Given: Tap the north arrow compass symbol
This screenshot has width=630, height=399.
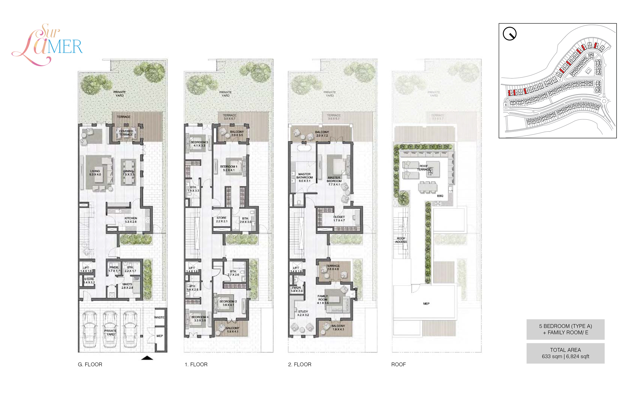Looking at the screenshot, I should tap(509, 34).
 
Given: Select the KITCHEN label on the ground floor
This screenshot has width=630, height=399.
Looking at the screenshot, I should tap(131, 220).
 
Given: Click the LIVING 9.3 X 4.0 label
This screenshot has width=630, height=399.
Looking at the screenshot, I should tap(95, 173).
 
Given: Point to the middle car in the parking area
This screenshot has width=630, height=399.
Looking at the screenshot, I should tap(110, 329).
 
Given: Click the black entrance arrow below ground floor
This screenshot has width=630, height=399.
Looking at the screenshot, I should tap(147, 358).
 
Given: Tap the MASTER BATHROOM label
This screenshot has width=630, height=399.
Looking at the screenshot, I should tap(304, 177).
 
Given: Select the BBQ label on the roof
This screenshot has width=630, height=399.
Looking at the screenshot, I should tap(440, 196).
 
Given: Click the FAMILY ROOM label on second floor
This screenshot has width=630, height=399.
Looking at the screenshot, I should tap(323, 299).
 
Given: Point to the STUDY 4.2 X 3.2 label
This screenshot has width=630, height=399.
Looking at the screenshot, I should tap(303, 313).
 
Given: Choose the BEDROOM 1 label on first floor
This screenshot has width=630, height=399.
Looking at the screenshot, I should tap(229, 168).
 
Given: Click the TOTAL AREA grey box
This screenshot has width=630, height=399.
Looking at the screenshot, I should tap(565, 353).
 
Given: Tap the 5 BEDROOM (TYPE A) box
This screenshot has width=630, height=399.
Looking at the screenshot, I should tap(565, 329).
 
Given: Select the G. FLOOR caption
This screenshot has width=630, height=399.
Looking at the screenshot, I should tap(90, 364).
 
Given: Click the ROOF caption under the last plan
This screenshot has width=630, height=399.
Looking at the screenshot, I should tap(398, 364).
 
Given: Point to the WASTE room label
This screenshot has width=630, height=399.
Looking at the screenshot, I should tap(159, 317).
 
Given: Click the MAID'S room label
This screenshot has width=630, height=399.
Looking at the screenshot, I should tap(127, 286).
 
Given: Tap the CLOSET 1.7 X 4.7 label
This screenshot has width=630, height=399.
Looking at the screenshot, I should tap(339, 218).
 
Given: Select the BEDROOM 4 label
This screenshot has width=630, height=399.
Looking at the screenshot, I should tap(200, 319).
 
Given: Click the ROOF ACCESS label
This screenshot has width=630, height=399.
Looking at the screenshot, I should tap(401, 240).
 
